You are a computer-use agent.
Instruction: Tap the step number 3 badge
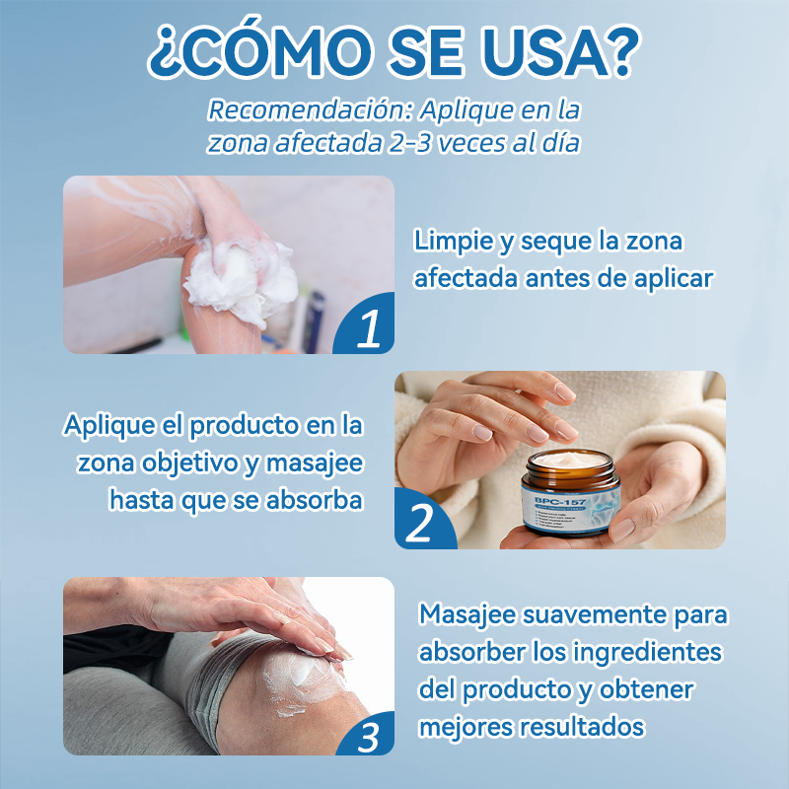[367, 735]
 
